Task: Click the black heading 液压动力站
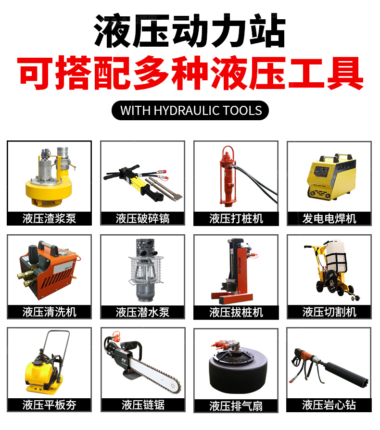(x=190, y=31)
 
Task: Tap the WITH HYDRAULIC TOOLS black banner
(x=190, y=110)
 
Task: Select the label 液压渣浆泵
(x=50, y=218)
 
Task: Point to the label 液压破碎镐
(x=142, y=218)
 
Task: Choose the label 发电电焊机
(x=329, y=218)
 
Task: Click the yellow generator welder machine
(x=331, y=177)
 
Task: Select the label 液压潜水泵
(x=142, y=312)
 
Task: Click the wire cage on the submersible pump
(x=146, y=270)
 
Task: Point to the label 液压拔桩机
(x=236, y=312)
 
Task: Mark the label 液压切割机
(x=329, y=312)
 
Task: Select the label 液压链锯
(x=143, y=405)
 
